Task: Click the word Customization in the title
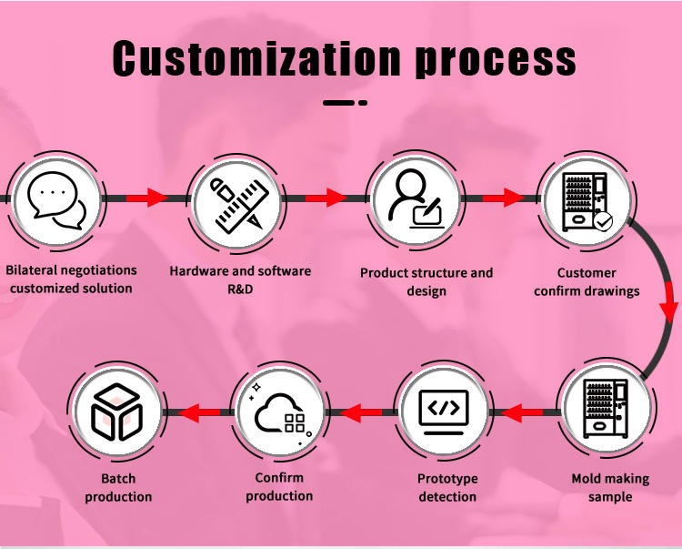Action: click(256, 59)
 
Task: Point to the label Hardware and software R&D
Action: click(240, 280)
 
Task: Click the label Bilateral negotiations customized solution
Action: click(71, 279)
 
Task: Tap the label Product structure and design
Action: click(426, 281)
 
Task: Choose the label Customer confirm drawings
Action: click(587, 281)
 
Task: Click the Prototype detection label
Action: click(447, 487)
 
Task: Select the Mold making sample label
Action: click(610, 487)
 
